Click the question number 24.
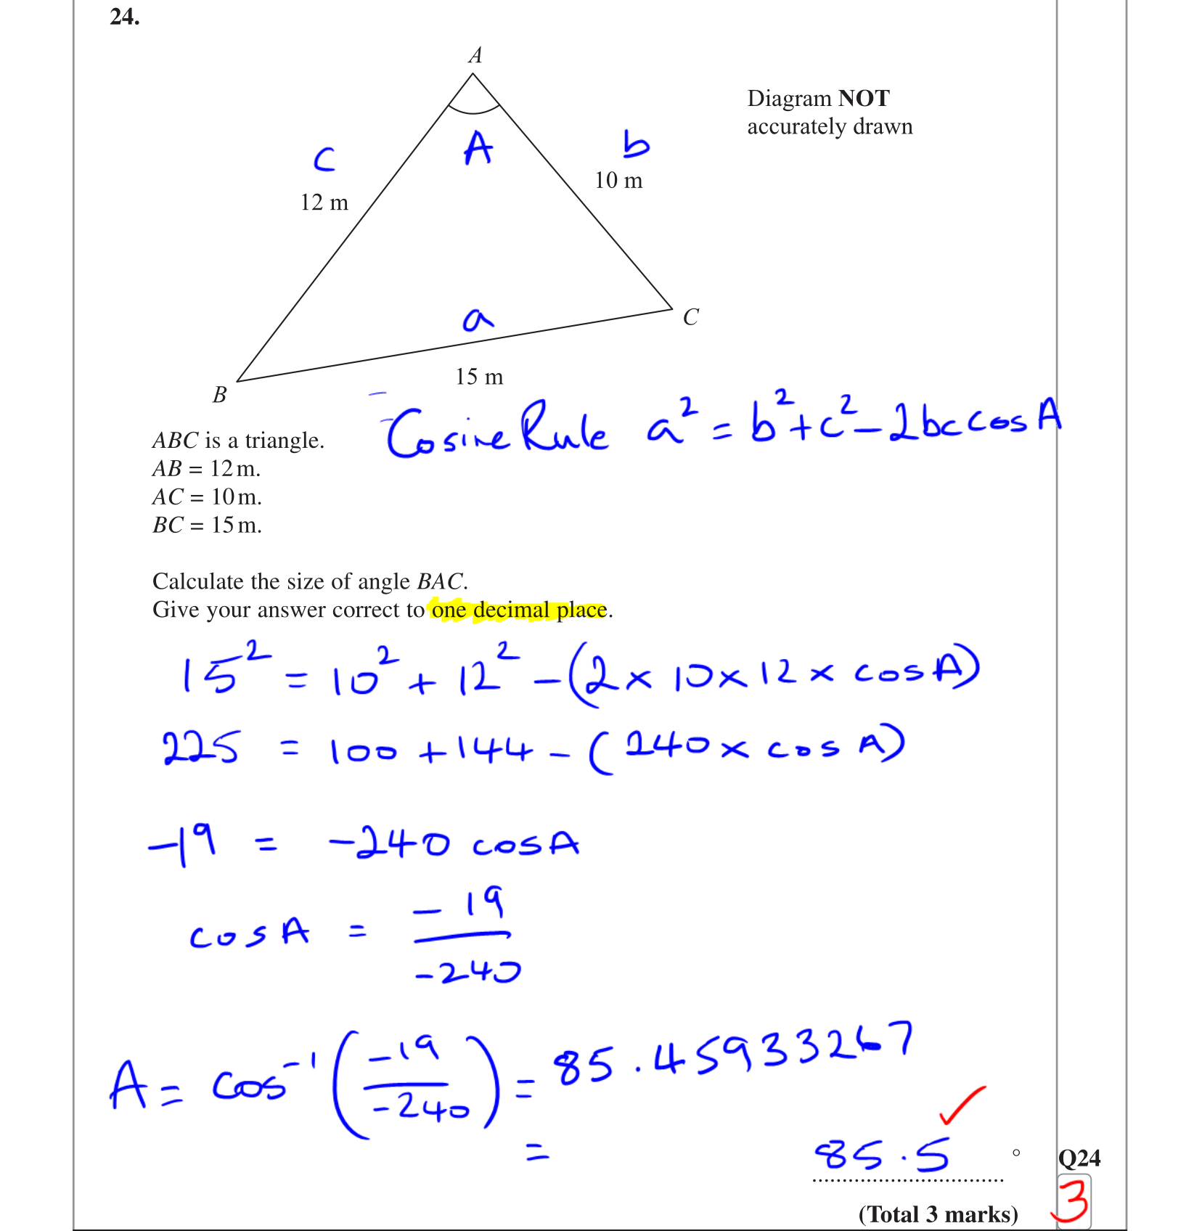click(124, 17)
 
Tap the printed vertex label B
click(219, 395)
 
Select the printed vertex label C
click(690, 317)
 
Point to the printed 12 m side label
click(324, 203)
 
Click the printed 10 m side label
click(618, 181)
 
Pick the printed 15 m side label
click(479, 377)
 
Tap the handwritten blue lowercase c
click(324, 159)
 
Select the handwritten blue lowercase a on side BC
click(477, 319)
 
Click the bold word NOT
click(864, 98)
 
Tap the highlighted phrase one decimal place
click(519, 610)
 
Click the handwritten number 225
click(200, 748)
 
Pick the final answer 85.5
click(881, 1155)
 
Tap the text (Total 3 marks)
click(938, 1214)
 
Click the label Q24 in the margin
click(1079, 1158)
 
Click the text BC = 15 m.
click(207, 525)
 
